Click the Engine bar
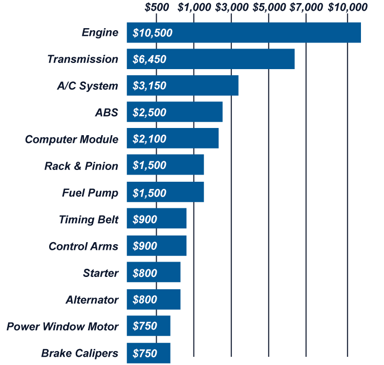point(244,33)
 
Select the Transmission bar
point(210,59)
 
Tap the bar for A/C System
point(182,85)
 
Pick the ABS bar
point(175,112)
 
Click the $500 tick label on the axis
point(157,8)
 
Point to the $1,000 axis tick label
point(194,8)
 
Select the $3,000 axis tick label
point(231,8)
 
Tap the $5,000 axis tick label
point(269,8)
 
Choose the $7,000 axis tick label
point(306,8)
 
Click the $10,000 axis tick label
point(348,8)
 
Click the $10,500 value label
point(152,33)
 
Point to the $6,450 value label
point(149,59)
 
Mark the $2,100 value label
point(149,139)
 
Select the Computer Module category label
point(71,139)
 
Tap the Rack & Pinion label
point(81,166)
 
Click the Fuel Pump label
point(90,193)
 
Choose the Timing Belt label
point(88,220)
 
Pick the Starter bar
point(154,273)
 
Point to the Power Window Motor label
point(62,327)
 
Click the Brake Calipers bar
point(148,353)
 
